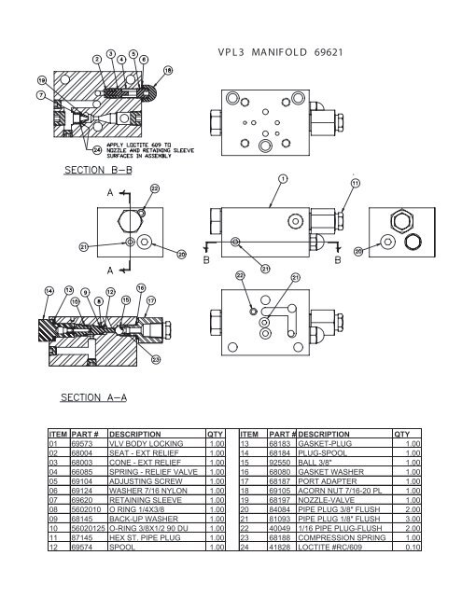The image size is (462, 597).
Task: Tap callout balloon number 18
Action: click(168, 70)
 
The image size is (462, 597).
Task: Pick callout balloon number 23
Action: click(155, 360)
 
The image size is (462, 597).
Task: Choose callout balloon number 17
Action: click(151, 300)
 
